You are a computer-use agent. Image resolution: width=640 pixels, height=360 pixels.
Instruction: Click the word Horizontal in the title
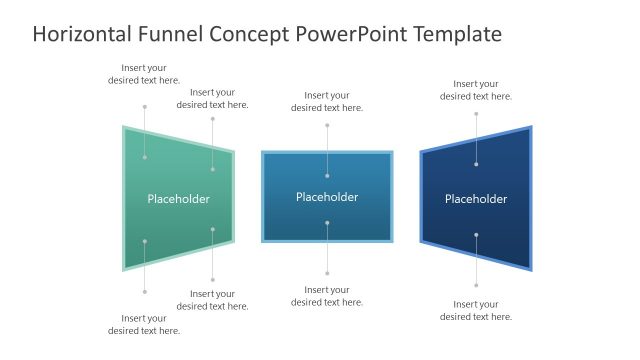(83, 35)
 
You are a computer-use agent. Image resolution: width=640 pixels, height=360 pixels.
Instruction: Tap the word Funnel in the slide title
(174, 35)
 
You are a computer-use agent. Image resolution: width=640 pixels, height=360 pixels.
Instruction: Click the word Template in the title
(452, 35)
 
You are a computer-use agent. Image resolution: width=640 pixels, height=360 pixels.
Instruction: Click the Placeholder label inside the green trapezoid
(179, 199)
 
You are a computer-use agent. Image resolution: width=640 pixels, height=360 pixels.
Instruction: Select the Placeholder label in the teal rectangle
(327, 197)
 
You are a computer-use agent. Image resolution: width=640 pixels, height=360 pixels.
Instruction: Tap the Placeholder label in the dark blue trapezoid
(476, 199)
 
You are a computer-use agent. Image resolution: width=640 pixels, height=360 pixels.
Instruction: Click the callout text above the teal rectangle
(327, 101)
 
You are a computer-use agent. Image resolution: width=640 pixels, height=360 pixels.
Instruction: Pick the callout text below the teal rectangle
(327, 296)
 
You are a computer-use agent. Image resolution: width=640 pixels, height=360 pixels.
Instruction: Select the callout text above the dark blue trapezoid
(476, 90)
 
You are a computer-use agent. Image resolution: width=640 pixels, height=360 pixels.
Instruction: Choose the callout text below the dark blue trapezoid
(476, 310)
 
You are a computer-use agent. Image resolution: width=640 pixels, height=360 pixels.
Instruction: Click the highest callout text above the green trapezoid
(144, 74)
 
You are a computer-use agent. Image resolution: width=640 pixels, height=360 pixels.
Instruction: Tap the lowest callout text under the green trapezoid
(144, 324)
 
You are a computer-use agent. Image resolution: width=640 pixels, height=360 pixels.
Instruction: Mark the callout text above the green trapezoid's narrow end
(213, 98)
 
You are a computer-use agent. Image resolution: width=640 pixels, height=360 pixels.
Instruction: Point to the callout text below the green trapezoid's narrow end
(213, 300)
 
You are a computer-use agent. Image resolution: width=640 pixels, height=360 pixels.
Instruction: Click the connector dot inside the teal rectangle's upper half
(327, 176)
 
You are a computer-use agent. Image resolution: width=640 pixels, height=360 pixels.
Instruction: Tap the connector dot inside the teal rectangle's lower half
(327, 223)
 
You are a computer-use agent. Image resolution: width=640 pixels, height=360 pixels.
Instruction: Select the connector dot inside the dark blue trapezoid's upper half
(476, 164)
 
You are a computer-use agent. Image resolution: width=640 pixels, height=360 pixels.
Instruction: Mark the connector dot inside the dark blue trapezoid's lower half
(476, 235)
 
